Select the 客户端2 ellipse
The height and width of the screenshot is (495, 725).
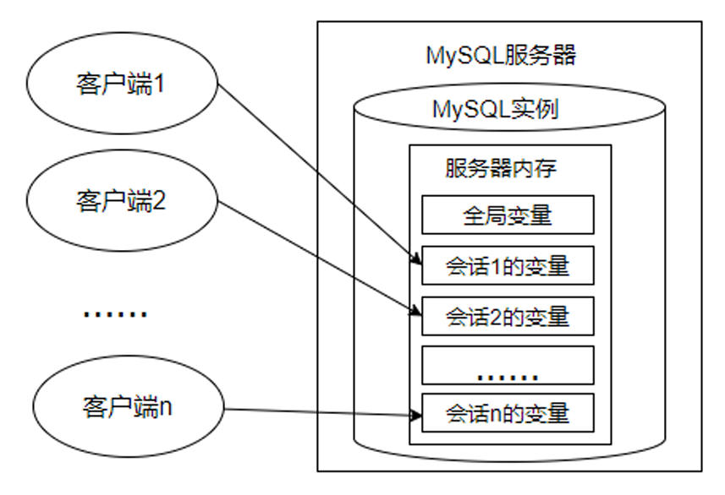(121, 202)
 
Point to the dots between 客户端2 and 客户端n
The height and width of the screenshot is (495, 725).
(115, 313)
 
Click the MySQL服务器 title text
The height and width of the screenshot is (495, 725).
(501, 57)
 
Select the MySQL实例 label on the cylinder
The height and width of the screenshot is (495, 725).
(494, 111)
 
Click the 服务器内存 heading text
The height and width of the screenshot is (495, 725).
(500, 168)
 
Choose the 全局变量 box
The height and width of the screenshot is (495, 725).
(508, 215)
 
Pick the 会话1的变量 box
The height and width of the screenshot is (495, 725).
(508, 266)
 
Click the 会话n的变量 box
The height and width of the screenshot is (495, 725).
(508, 413)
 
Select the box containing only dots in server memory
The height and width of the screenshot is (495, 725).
(508, 365)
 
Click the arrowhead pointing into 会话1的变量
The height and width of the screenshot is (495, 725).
(415, 259)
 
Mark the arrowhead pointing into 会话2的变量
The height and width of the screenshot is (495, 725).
(415, 311)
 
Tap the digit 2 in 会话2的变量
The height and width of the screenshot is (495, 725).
(497, 317)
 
